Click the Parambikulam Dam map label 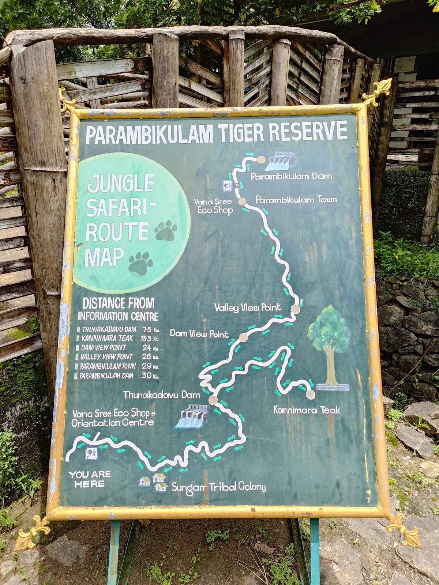[x=291, y=176]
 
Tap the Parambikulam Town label [x=296, y=200]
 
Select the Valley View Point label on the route [x=247, y=307]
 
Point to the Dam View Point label [x=199, y=333]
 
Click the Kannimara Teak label [x=307, y=410]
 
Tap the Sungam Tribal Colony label [x=218, y=487]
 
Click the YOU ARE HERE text [x=90, y=479]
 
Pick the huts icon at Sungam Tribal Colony [x=153, y=482]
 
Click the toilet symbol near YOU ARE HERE [x=91, y=454]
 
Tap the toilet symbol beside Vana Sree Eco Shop [x=228, y=185]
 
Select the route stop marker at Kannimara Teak [x=311, y=395]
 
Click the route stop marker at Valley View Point [x=295, y=309]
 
